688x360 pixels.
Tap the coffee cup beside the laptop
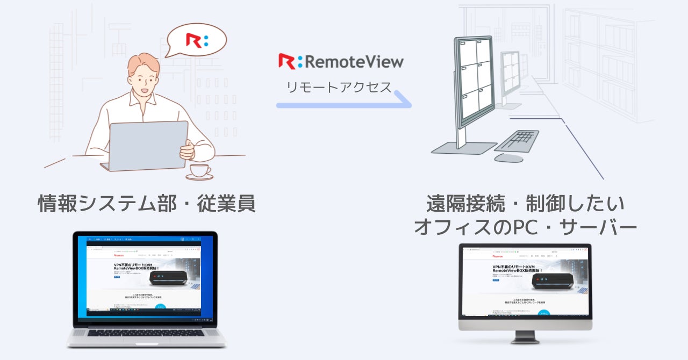point(199,171)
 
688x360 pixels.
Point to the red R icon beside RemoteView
point(286,61)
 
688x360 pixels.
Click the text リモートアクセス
point(339,87)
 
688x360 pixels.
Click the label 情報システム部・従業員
point(147,204)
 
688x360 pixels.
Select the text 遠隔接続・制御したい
point(525,204)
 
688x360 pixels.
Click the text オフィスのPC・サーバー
point(525,227)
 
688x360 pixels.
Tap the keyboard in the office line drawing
point(516,141)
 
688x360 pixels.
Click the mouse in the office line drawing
point(508,158)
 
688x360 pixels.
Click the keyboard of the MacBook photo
point(146,333)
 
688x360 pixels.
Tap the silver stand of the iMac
point(525,336)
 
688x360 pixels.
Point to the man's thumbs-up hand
point(187,150)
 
